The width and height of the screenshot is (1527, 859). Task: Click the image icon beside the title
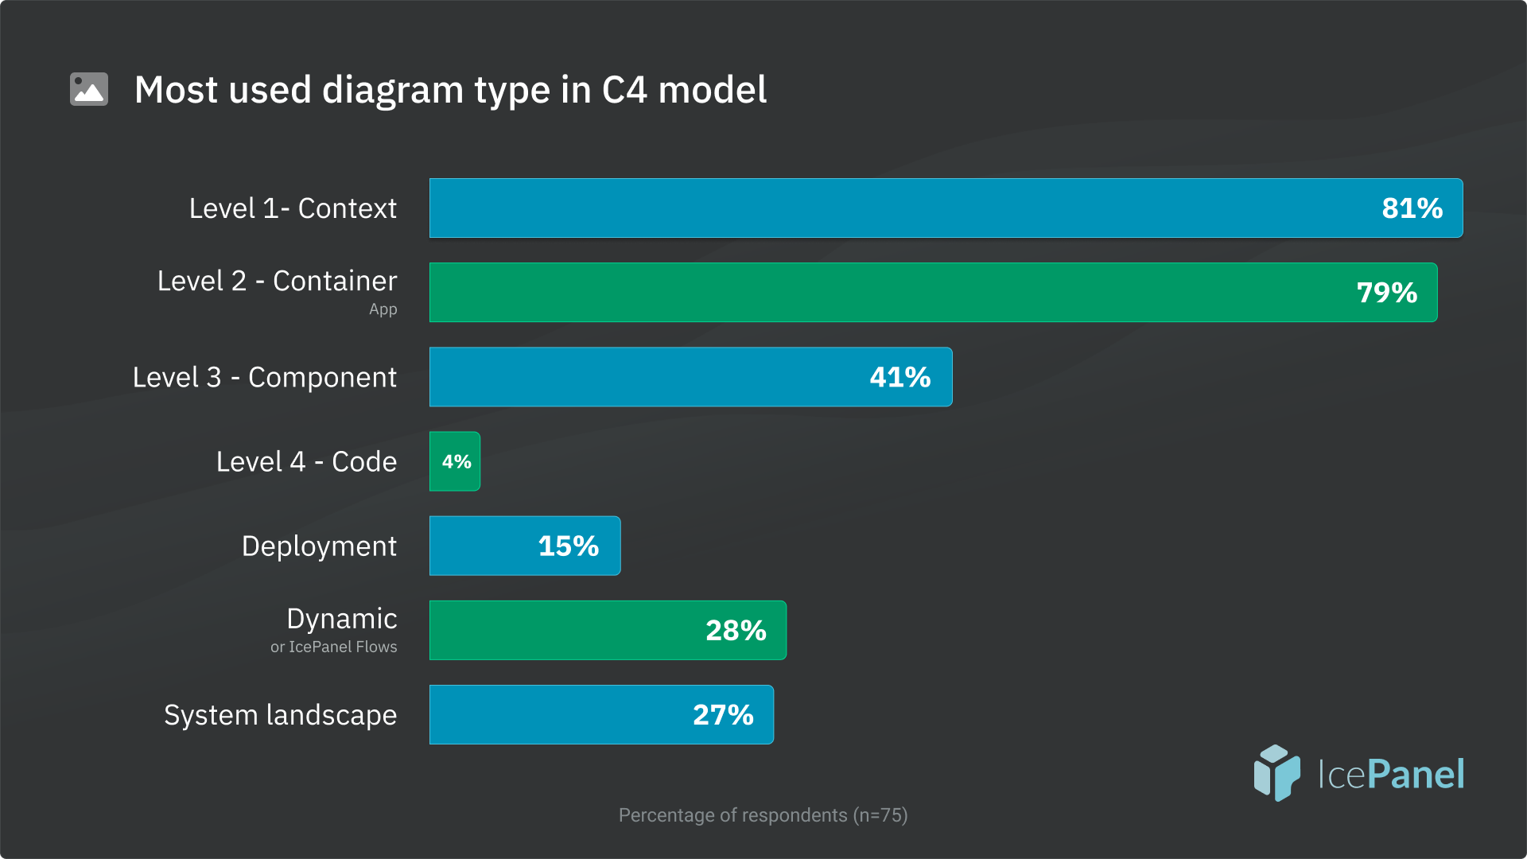(x=89, y=89)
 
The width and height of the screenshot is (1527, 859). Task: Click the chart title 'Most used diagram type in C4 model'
(x=450, y=90)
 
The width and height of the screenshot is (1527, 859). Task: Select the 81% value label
(x=1412, y=208)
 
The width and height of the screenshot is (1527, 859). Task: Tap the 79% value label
(x=1386, y=293)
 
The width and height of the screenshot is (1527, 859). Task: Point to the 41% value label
(x=899, y=377)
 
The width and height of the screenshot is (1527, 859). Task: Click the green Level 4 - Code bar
(x=455, y=461)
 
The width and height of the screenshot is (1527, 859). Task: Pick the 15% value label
(x=568, y=546)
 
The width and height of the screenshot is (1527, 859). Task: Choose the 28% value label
(x=736, y=631)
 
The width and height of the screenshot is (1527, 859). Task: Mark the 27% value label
(x=723, y=715)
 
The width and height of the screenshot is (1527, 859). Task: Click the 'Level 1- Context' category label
(x=293, y=208)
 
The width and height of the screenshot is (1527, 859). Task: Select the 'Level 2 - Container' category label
(x=277, y=281)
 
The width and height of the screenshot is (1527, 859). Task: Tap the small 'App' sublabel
(x=383, y=309)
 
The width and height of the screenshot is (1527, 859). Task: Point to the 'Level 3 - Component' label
(x=264, y=377)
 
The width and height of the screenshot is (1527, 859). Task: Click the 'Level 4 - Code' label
(x=306, y=461)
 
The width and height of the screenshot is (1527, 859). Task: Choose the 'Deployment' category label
(x=319, y=546)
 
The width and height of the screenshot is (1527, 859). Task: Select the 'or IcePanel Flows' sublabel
(x=333, y=647)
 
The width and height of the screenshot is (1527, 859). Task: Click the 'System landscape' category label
(x=280, y=715)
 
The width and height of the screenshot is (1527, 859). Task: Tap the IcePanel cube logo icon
(x=1276, y=772)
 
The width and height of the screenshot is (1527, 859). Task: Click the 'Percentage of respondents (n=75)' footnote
(x=763, y=815)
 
